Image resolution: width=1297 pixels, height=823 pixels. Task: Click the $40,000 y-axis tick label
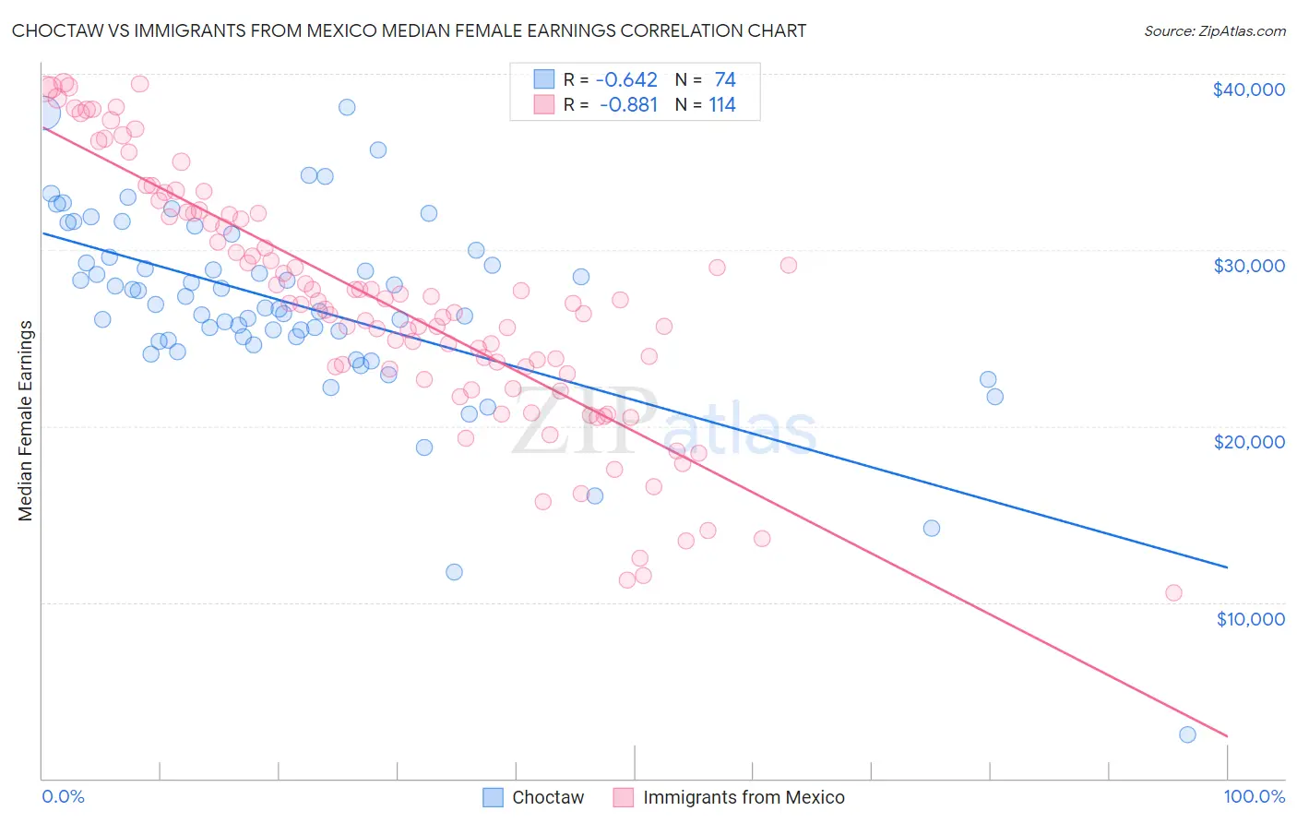pos(1248,89)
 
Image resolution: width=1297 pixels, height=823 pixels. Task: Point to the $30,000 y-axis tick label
pos(1248,266)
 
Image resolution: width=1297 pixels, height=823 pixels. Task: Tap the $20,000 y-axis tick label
pos(1248,442)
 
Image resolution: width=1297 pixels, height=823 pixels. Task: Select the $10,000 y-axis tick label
pos(1250,618)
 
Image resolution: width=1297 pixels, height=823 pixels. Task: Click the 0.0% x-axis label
pos(63,796)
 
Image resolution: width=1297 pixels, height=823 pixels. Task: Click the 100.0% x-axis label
pos(1254,796)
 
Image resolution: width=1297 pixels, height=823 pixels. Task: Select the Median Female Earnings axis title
pos(26,421)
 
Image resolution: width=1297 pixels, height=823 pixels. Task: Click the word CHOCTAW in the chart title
pos(53,30)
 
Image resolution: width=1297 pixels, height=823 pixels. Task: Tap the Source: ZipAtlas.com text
pos(1214,30)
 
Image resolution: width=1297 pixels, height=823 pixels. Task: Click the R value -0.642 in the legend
pos(627,79)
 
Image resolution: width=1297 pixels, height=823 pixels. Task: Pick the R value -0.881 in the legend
pos(627,104)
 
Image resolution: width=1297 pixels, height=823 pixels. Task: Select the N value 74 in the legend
pos(724,79)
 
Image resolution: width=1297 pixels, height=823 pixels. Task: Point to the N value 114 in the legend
pos(721,104)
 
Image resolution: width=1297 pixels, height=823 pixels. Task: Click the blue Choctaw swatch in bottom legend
pos(494,797)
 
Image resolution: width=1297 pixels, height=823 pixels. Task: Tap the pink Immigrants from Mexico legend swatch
pos(624,797)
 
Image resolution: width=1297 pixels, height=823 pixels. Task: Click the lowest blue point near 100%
pos(1187,734)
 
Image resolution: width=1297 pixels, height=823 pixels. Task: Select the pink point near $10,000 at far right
pos(1173,592)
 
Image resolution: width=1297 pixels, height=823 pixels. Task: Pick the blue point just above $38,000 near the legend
pos(347,107)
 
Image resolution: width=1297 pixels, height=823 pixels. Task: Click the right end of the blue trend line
pos(1227,567)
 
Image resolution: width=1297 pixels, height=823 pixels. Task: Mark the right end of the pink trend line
pos(1227,736)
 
